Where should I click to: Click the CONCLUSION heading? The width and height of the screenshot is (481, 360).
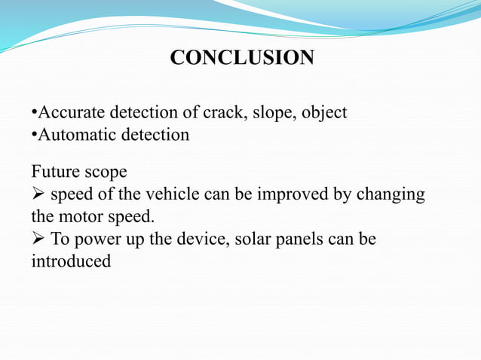(242, 58)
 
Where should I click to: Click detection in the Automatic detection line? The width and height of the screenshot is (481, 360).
(158, 136)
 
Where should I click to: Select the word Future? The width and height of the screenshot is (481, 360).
(54, 172)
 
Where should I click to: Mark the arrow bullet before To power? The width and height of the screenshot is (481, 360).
(38, 239)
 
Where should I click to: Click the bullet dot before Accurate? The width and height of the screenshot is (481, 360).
(34, 113)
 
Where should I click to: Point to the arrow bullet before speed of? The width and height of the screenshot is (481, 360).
(38, 194)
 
